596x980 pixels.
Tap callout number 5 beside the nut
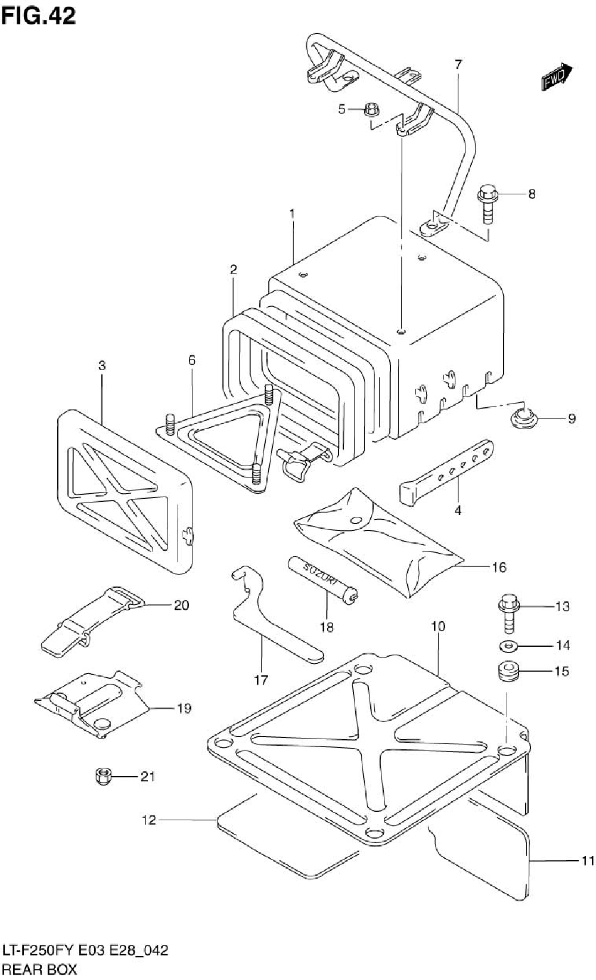tap(342, 109)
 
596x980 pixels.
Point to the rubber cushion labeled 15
tap(507, 672)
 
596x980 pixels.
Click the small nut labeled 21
tap(102, 776)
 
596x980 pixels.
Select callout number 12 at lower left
tap(148, 820)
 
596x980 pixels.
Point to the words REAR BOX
tap(40, 969)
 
